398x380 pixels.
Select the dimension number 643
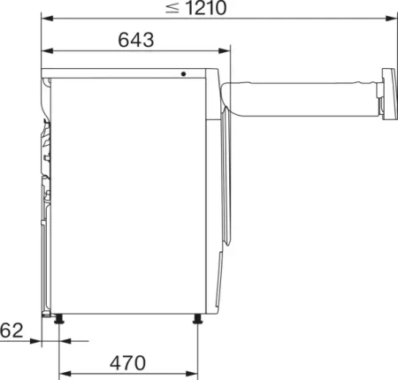pyautogui.click(x=135, y=40)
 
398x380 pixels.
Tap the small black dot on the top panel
pyautogui.click(x=184, y=74)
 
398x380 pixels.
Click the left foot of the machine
pyautogui.click(x=59, y=319)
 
